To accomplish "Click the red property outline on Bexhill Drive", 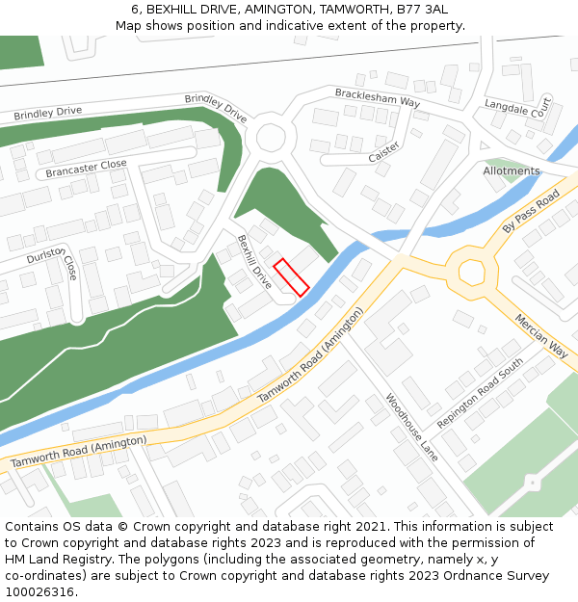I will (x=291, y=277).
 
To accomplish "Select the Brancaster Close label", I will (x=86, y=170).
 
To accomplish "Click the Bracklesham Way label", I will (x=378, y=97).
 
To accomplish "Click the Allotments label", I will (x=512, y=171).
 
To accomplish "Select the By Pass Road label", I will (x=531, y=212).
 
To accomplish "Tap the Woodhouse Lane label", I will (x=411, y=427).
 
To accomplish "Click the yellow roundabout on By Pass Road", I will (x=472, y=271).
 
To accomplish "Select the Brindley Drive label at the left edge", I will (x=48, y=114).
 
